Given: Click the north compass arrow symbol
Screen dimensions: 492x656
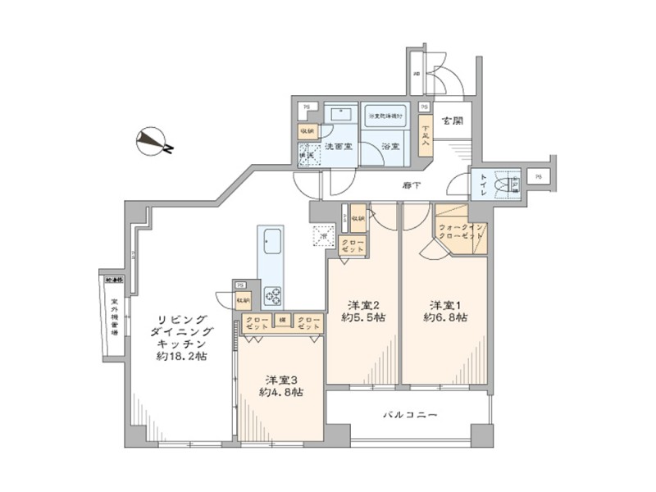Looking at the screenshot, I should pos(153,142).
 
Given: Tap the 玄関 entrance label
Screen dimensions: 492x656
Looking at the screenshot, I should pos(452,121).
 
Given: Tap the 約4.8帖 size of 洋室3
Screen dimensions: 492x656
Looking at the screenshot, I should pos(281,392).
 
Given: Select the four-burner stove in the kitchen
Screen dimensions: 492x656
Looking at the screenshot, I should pos(272,294).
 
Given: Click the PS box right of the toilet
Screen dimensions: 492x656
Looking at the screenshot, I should pos(537,175).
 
